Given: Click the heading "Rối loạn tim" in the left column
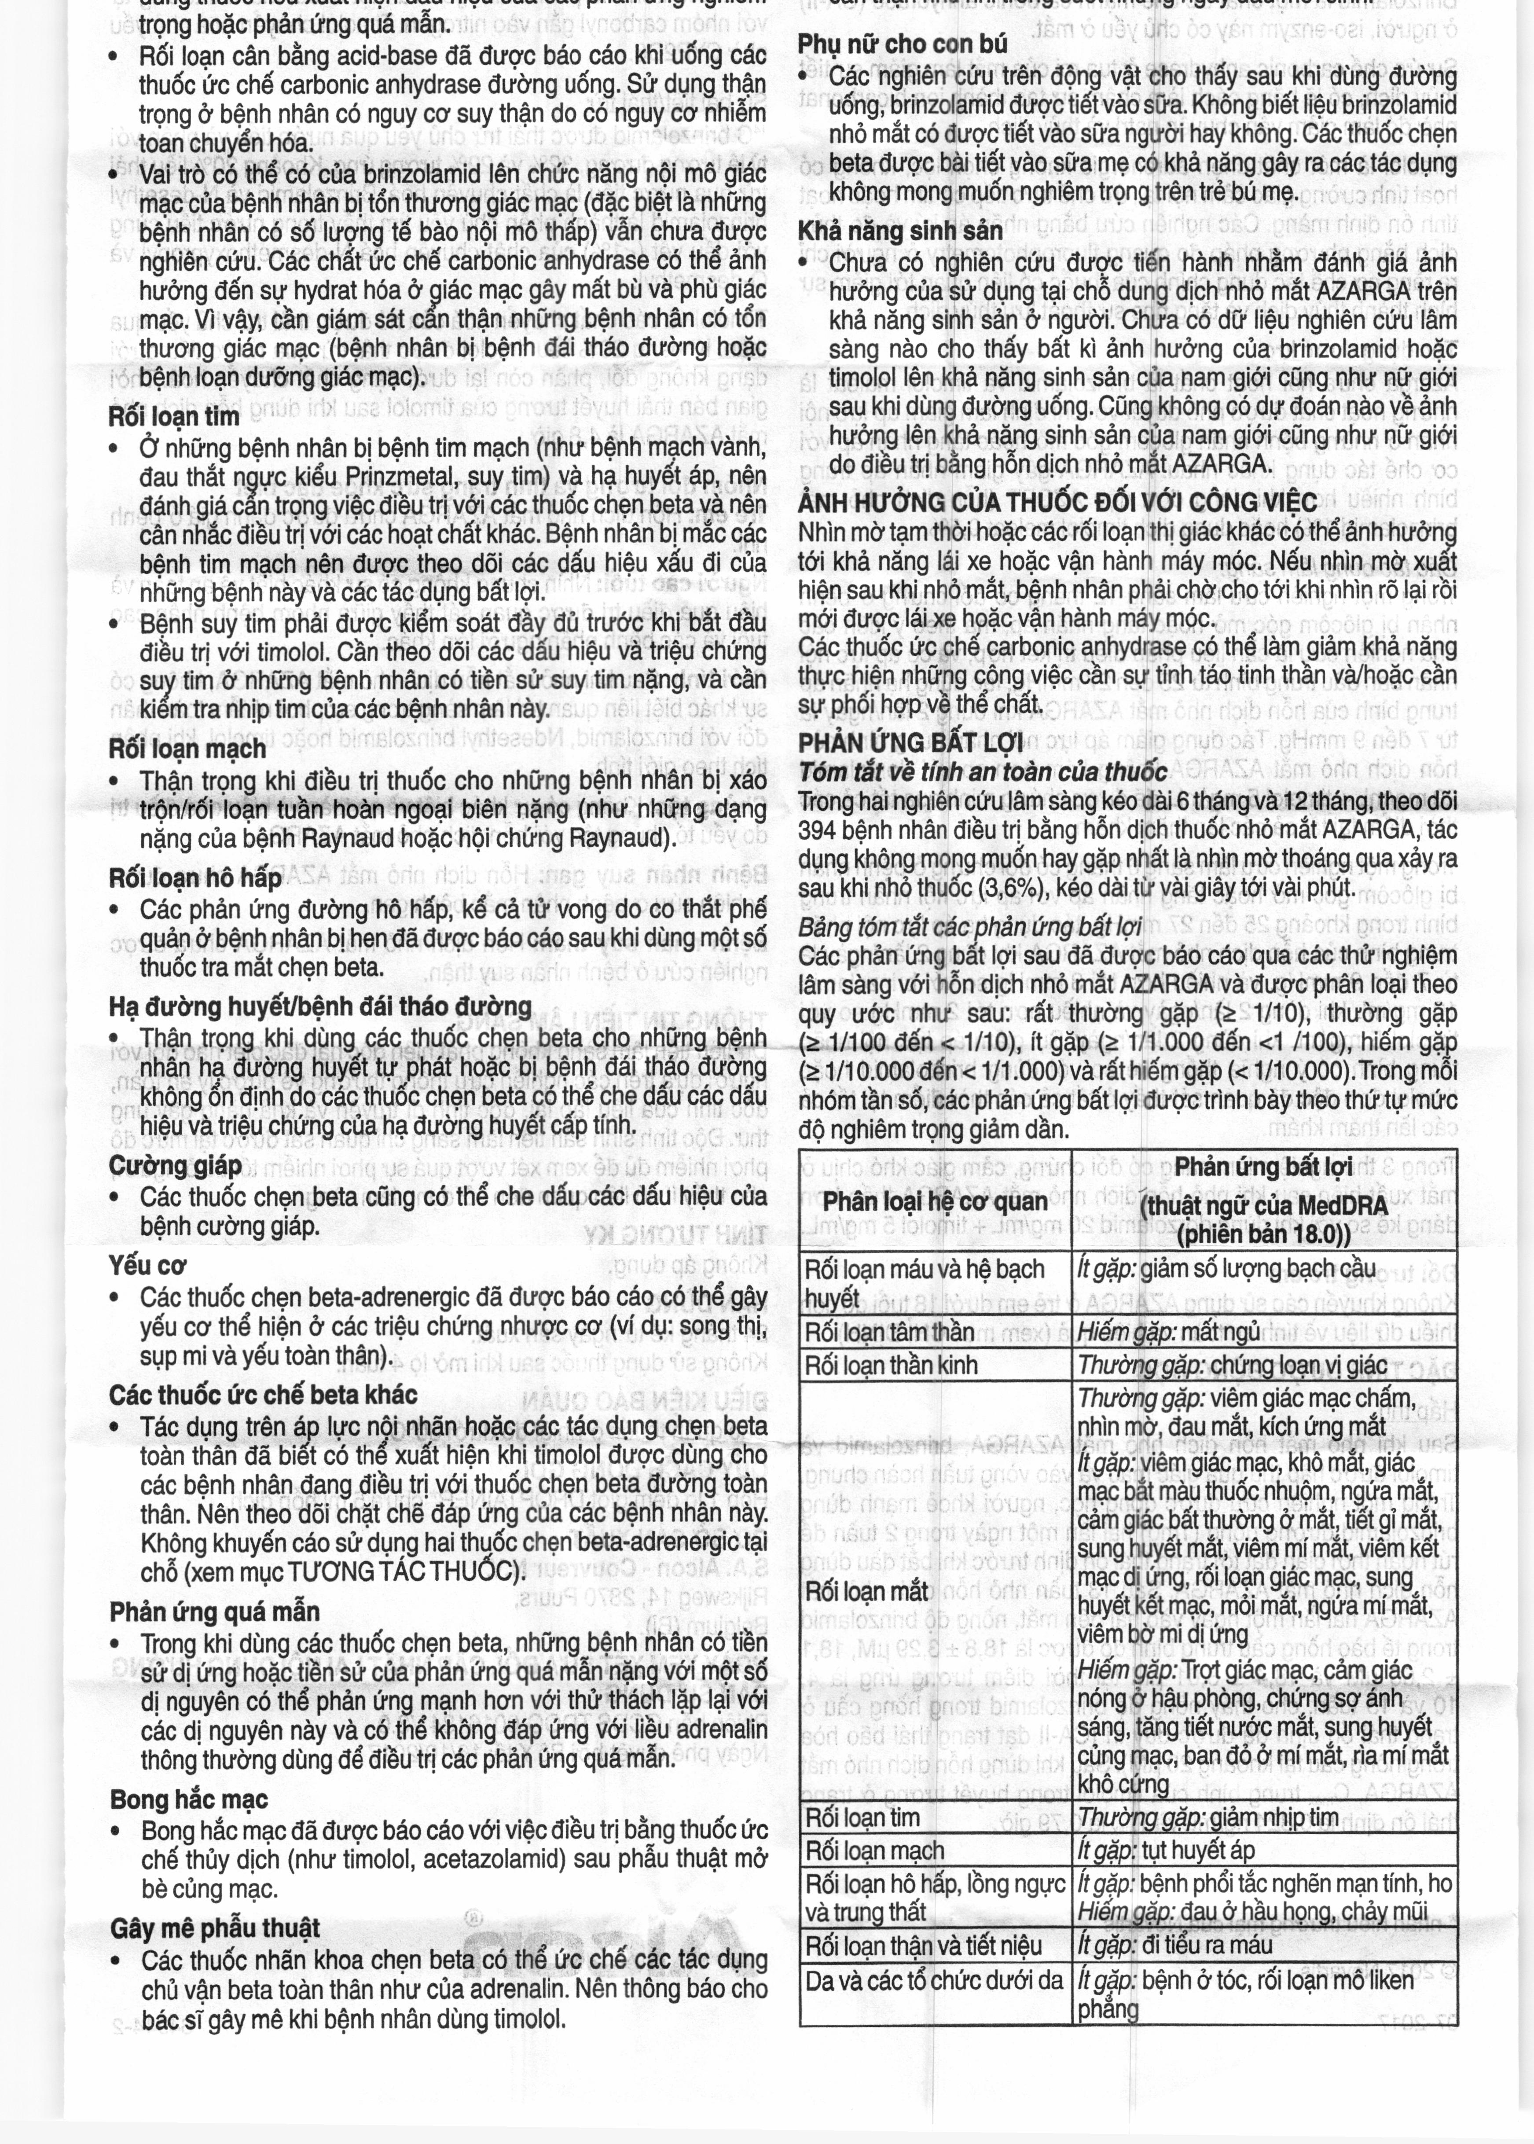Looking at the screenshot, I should tap(175, 415).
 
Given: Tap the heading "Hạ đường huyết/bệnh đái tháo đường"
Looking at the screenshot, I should tap(320, 1007).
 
